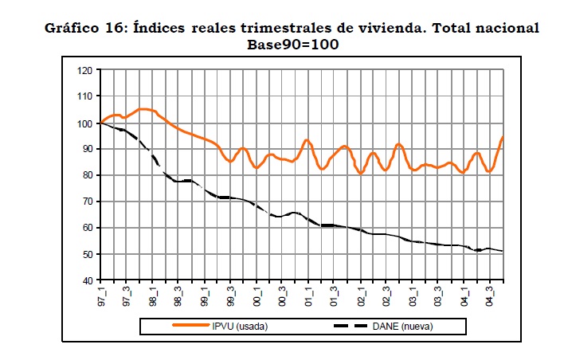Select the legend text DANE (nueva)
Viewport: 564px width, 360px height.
coord(405,327)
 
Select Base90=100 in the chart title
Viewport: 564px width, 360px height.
coord(294,45)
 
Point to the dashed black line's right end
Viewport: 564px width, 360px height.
coord(502,252)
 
